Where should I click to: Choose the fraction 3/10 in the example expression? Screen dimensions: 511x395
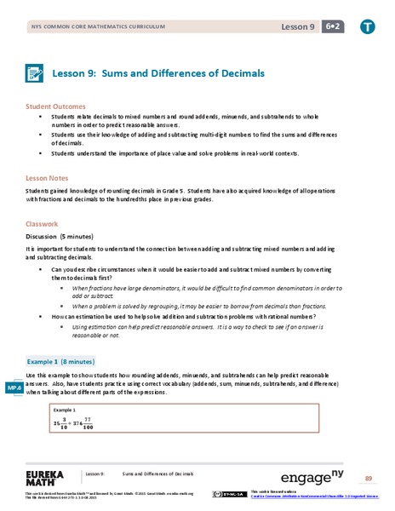point(60,424)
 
